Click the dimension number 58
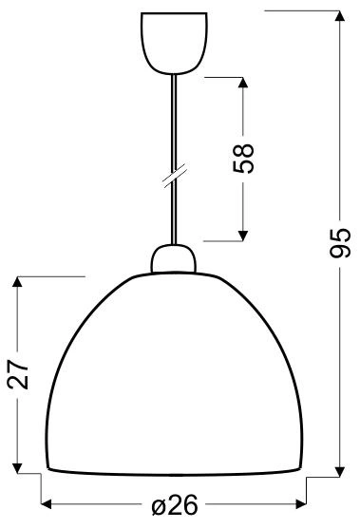[x=244, y=156]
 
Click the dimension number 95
[x=339, y=242]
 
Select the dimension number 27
[x=20, y=375]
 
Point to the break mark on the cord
[x=173, y=178]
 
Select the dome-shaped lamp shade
[x=176, y=370]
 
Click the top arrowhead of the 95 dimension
[x=339, y=17]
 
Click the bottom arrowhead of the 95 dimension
[x=339, y=467]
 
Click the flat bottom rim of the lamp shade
[x=176, y=471]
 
